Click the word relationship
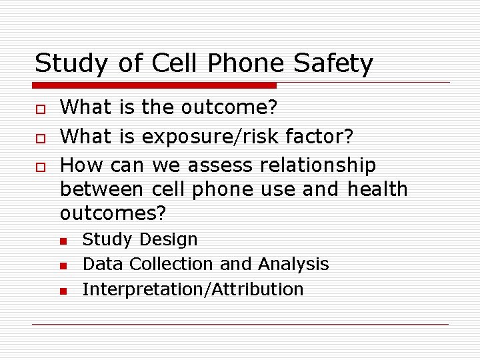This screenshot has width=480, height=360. point(319,164)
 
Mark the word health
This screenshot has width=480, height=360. point(377,189)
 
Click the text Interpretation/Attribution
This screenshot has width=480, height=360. point(193,289)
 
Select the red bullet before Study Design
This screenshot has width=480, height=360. point(63,241)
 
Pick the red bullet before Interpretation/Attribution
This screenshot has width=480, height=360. point(63,291)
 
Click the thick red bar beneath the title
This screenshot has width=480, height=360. point(155,85)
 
